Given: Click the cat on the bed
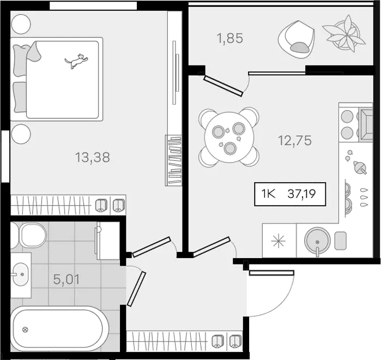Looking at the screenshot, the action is (x=76, y=61).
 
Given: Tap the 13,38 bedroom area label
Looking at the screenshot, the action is (x=93, y=157).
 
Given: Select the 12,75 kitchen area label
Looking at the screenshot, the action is (x=295, y=141).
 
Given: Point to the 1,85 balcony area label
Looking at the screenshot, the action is (x=230, y=38).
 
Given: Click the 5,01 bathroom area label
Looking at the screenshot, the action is (x=66, y=279).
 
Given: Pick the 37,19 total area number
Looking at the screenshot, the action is (x=301, y=194).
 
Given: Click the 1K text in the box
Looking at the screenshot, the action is (x=268, y=194).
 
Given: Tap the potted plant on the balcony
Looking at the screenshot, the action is (x=344, y=33).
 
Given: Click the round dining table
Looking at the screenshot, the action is (x=229, y=137).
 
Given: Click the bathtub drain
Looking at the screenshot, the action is (x=25, y=330).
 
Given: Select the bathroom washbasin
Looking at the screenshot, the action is (x=20, y=274).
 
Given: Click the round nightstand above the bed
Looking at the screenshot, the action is (x=21, y=24).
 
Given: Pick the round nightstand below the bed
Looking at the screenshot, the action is (x=21, y=134).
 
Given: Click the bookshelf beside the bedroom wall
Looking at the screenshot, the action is (x=173, y=160).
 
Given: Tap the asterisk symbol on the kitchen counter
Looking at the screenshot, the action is (x=278, y=241).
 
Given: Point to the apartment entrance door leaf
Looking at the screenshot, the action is (x=271, y=273).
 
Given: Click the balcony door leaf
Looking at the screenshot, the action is (x=223, y=85).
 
